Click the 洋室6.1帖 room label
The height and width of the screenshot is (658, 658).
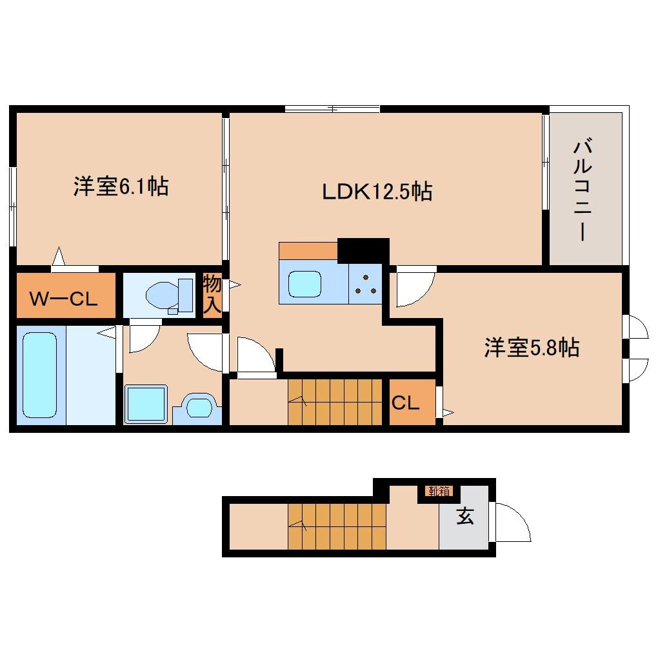[121, 187]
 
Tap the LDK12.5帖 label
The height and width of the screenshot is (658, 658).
[377, 191]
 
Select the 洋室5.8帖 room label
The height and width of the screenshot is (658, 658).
[532, 348]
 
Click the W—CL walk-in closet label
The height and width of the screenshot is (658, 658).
[64, 299]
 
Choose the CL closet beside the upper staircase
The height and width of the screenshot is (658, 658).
[406, 403]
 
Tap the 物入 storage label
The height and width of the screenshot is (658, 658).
[212, 294]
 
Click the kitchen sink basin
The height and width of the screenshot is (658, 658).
[304, 284]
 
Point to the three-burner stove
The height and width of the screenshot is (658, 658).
[366, 284]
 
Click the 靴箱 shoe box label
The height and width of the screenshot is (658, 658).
[438, 492]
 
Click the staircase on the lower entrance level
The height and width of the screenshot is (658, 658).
[337, 525]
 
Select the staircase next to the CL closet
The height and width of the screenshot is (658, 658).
[337, 402]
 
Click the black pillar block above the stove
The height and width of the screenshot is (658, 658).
[363, 250]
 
